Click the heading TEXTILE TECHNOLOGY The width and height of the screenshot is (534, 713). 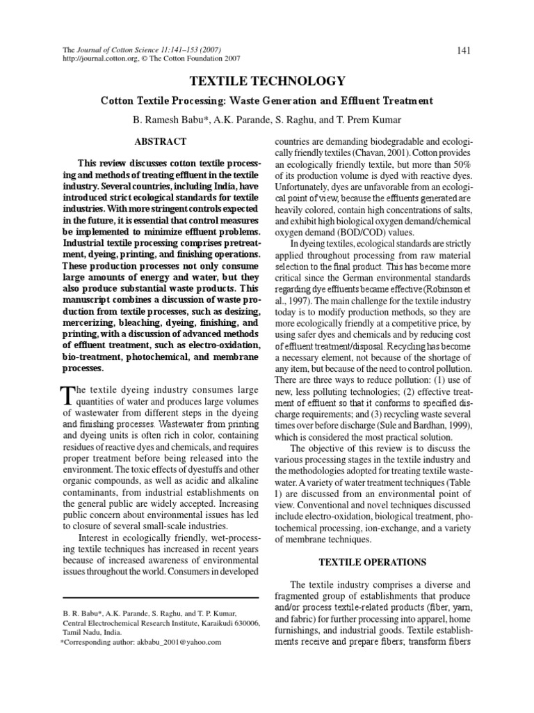click(267, 81)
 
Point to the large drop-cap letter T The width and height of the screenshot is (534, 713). click(68, 395)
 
